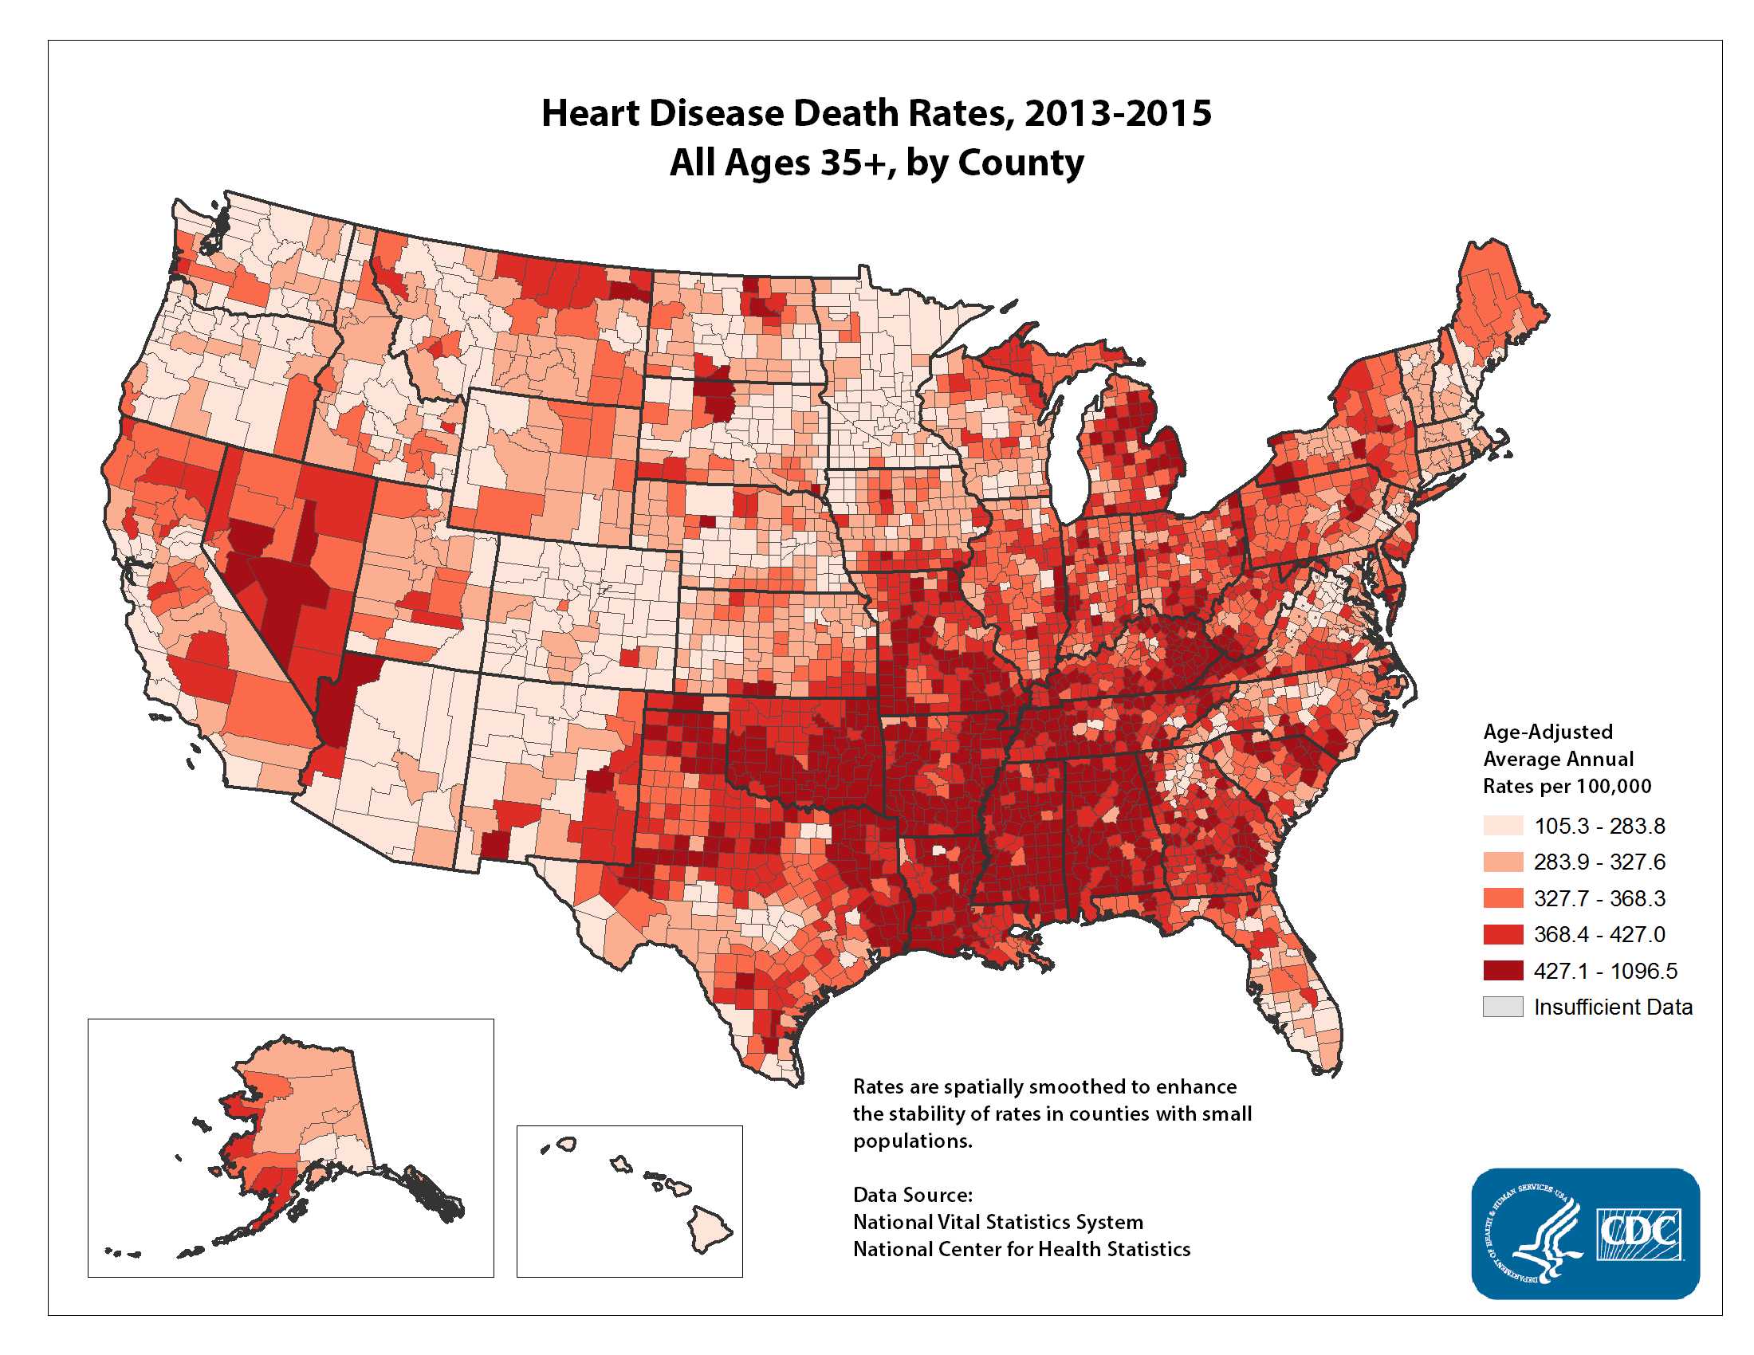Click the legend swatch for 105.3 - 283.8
[1502, 825]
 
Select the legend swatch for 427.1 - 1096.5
[1502, 971]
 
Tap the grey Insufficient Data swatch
[1502, 1007]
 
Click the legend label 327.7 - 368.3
[1599, 898]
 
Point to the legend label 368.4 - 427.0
[1599, 934]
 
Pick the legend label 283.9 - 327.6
[1599, 862]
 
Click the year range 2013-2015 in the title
[1117, 113]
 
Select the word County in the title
[1020, 163]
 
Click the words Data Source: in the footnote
[912, 1195]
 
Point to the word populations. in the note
[912, 1141]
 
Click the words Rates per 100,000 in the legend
[1567, 786]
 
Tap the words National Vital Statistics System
[997, 1222]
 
